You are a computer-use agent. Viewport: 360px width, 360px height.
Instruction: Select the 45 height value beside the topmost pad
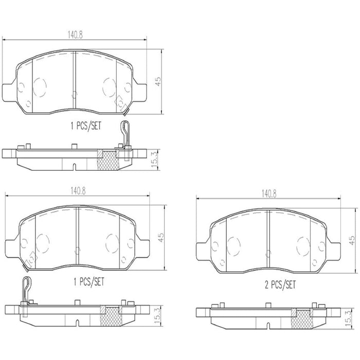click(x=158, y=81)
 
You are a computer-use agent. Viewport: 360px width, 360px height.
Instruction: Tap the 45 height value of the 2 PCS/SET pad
click(x=352, y=240)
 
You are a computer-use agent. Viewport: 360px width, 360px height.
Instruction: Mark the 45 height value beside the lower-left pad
click(x=161, y=237)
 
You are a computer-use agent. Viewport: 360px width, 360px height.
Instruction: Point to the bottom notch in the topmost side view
click(x=74, y=166)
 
